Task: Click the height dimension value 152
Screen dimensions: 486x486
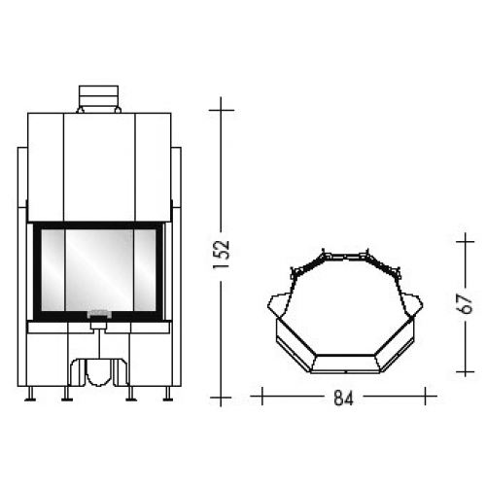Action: (222, 255)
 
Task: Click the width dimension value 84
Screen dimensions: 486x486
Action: (343, 398)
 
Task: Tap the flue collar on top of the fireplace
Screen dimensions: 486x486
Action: (98, 99)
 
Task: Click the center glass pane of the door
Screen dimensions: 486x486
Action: (99, 270)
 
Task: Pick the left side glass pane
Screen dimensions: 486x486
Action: (52, 270)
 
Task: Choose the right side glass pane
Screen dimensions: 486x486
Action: (145, 270)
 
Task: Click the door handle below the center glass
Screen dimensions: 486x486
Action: (99, 314)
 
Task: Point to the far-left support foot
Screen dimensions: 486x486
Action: (30, 394)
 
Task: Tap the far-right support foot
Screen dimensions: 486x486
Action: (167, 394)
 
